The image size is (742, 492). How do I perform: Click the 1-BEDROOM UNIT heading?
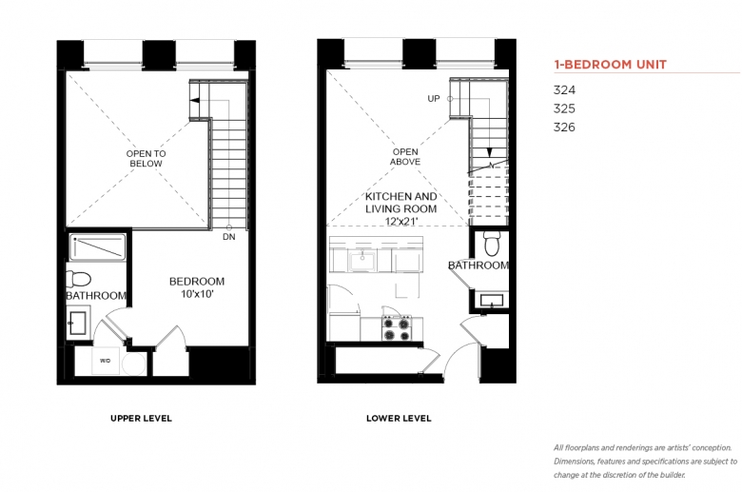tap(610, 65)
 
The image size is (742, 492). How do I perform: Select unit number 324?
tap(564, 90)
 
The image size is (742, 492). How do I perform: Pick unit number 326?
tap(564, 127)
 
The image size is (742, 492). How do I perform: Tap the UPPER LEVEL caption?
tap(141, 418)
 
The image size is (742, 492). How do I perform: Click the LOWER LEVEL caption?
tap(399, 418)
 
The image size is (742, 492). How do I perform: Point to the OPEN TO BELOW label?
tap(146, 158)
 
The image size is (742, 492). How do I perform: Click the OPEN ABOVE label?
tap(405, 157)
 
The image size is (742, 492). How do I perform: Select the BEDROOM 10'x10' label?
tap(197, 287)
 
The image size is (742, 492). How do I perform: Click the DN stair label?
tap(229, 236)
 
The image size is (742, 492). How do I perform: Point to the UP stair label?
tap(434, 98)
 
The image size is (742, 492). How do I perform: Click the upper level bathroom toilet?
tap(78, 279)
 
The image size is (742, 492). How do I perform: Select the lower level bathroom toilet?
tap(492, 243)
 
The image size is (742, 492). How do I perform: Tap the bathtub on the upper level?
tap(97, 247)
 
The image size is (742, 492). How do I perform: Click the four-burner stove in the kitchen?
tap(397, 327)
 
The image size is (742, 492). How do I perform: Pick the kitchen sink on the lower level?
tap(362, 261)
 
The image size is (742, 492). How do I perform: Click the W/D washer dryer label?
tap(105, 361)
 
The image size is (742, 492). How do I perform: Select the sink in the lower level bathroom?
tap(492, 301)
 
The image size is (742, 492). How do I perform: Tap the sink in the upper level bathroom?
tap(78, 323)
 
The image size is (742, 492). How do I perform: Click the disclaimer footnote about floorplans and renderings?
tap(646, 462)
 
